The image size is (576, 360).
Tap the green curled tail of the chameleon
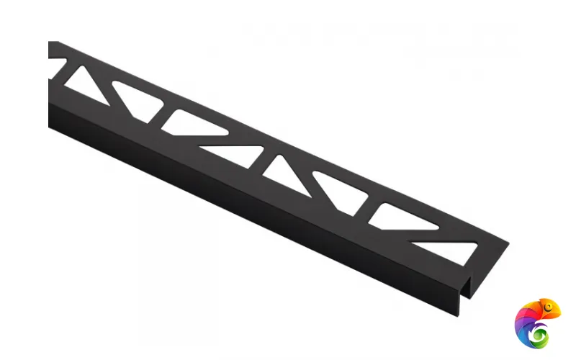pos(536,332)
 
